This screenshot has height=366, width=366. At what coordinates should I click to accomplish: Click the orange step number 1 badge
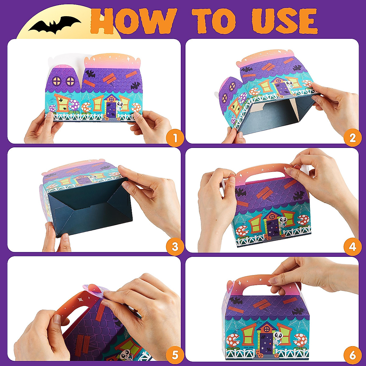[175, 138]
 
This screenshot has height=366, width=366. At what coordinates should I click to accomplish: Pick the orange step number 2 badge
[353, 138]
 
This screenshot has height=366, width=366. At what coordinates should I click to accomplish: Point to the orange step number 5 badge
[175, 355]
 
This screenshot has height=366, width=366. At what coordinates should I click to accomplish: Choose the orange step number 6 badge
[353, 355]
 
